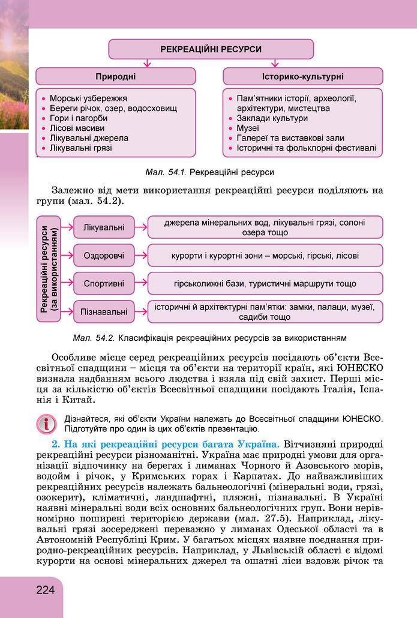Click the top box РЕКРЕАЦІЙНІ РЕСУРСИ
(211, 50)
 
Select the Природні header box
(115, 77)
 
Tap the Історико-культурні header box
(302, 77)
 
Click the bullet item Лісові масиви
(77, 128)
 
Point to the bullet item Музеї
(248, 128)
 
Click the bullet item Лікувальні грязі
(80, 148)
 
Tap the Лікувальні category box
(104, 227)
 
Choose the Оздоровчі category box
(104, 256)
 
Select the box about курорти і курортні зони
(265, 256)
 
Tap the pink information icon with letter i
(46, 423)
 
